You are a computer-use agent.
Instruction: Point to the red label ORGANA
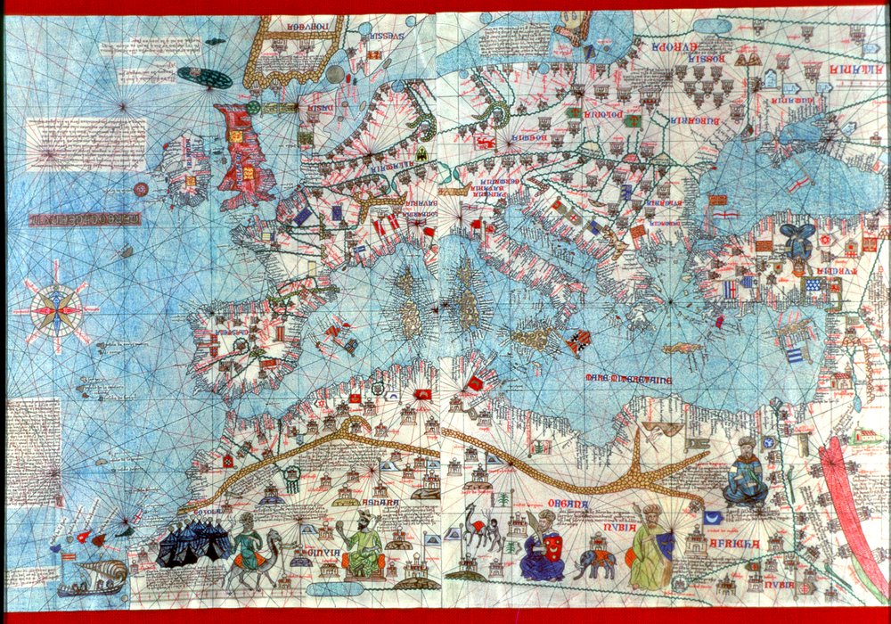pyautogui.click(x=568, y=506)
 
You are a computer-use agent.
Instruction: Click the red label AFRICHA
pyautogui.click(x=734, y=543)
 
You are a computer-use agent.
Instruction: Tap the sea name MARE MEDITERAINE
pyautogui.click(x=627, y=378)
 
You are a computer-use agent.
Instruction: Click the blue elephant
pyautogui.click(x=594, y=562)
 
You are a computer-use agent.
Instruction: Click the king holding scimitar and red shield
pyautogui.click(x=541, y=544)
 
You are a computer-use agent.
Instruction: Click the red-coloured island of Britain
pyautogui.click(x=242, y=152)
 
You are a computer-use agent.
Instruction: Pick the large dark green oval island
pyautogui.click(x=204, y=77)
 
